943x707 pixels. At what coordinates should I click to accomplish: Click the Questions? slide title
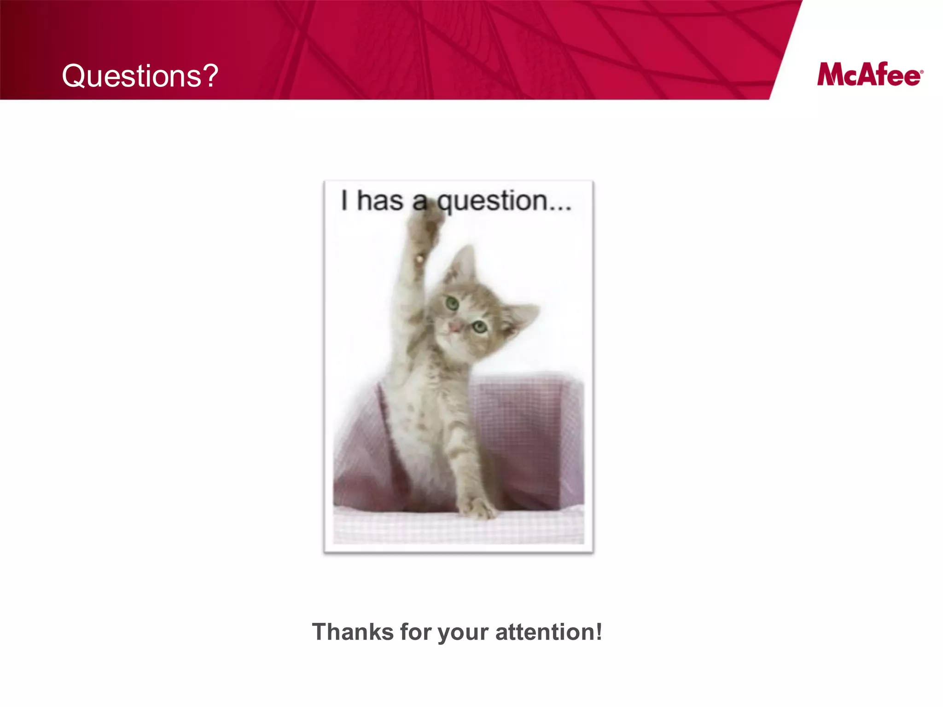tap(140, 76)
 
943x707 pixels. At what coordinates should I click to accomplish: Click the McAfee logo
tap(870, 75)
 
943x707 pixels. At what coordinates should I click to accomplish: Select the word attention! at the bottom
tap(549, 632)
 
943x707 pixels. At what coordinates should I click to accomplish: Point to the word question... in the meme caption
tap(504, 202)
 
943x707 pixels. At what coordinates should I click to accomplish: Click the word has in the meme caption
tap(380, 201)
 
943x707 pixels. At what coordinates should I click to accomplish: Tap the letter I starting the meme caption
tap(344, 201)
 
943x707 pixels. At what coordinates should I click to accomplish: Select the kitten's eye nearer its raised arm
tap(452, 303)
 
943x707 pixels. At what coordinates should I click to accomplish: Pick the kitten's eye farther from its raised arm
tap(480, 327)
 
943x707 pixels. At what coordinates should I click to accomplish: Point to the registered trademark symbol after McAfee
tap(921, 72)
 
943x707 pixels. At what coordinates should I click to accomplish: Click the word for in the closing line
tap(416, 632)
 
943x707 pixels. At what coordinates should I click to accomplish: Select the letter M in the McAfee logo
tap(831, 75)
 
